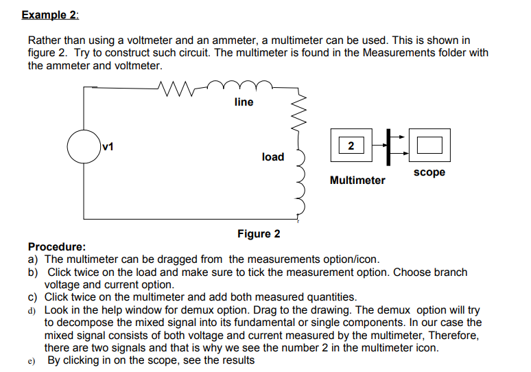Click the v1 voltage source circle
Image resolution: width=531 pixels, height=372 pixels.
[x=84, y=146]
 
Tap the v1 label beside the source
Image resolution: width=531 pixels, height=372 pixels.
[x=108, y=146]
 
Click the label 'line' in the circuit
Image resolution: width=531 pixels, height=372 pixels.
[x=244, y=102]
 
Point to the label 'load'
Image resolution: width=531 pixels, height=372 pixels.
[x=272, y=157]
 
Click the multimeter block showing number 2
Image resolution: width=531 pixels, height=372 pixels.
[x=351, y=146]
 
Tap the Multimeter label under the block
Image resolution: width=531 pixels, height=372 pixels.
[x=357, y=181]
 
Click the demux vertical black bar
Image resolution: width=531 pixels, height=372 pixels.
[x=388, y=146]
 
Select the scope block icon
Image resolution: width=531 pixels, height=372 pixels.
[x=429, y=146]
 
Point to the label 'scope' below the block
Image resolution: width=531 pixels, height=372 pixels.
[x=429, y=172]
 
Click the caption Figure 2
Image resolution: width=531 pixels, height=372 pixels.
[x=259, y=234]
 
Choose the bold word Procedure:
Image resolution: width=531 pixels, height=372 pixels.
[x=57, y=246]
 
